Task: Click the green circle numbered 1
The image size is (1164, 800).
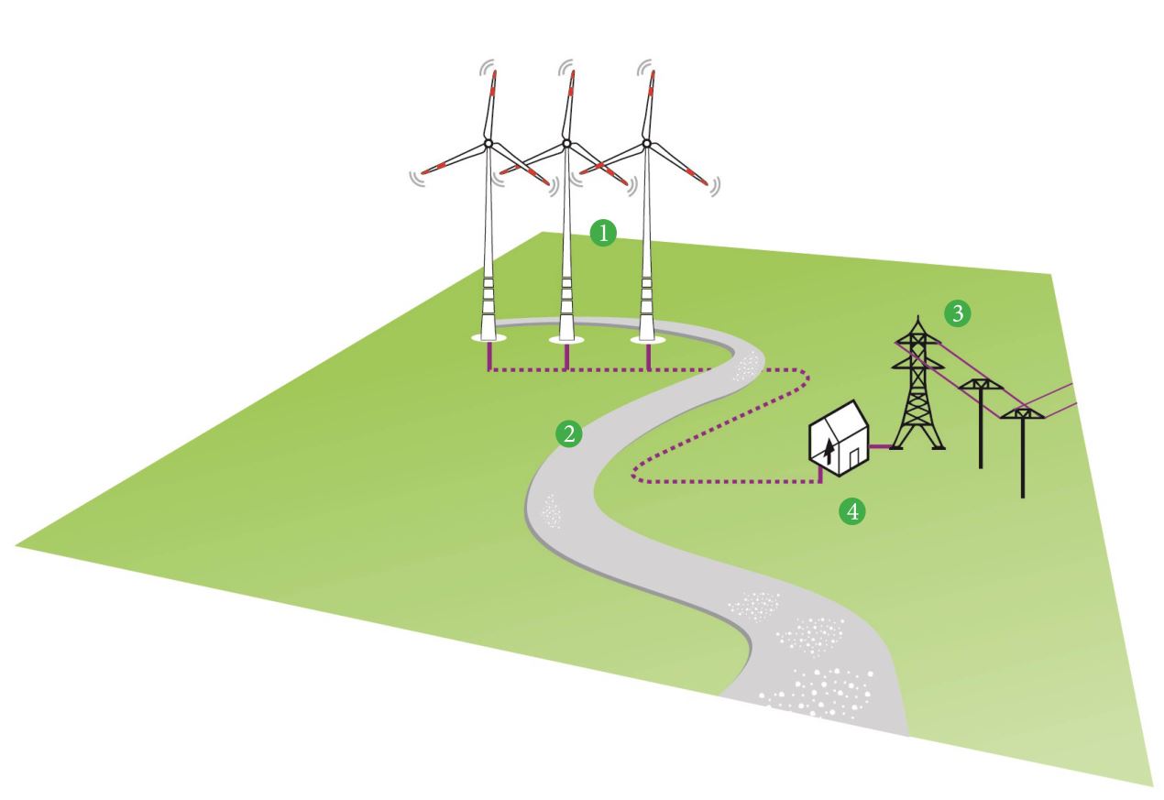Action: click(602, 234)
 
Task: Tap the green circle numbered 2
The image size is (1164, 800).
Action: click(569, 433)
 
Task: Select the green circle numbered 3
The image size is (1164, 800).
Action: click(956, 313)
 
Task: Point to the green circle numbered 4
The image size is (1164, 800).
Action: click(852, 510)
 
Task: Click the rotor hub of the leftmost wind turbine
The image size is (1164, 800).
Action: click(489, 143)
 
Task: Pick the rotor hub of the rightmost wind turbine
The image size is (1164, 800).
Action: click(647, 143)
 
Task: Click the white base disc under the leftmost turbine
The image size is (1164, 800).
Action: click(489, 339)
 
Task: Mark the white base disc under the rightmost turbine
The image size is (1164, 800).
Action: click(648, 340)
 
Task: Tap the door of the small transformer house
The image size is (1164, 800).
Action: click(854, 455)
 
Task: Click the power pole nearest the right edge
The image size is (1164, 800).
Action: click(1023, 449)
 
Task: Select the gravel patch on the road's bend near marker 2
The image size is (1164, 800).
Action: click(554, 510)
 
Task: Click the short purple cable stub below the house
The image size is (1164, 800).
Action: click(821, 475)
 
